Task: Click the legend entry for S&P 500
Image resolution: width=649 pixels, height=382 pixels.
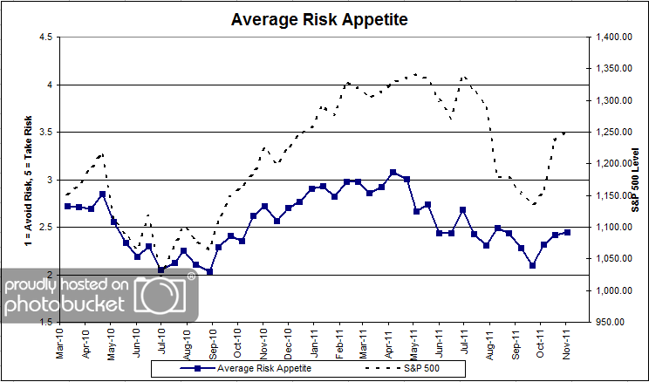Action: pyautogui.click(x=420, y=369)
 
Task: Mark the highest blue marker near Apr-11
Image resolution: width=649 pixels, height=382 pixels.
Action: pyautogui.click(x=393, y=173)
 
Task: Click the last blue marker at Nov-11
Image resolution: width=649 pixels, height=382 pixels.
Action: pyautogui.click(x=568, y=232)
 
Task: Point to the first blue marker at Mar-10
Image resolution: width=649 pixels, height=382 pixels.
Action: pyautogui.click(x=68, y=206)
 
